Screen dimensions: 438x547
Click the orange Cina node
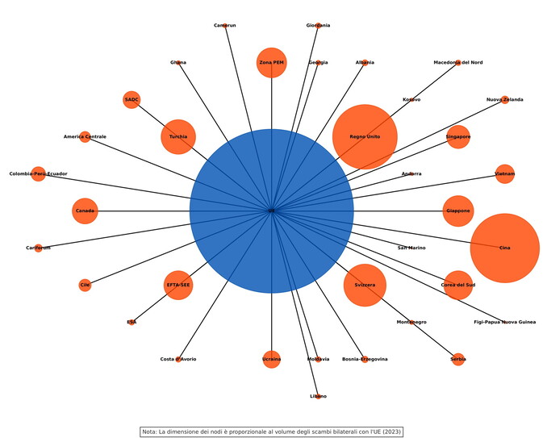tap(505, 248)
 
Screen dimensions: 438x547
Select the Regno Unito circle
tap(365, 136)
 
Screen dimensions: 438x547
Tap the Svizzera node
tap(365, 285)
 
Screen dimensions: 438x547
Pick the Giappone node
tap(458, 211)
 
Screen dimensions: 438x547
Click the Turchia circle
tap(178, 136)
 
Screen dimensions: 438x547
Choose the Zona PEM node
tap(272, 62)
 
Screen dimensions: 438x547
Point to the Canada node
tap(85, 211)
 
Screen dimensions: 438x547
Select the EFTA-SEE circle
tap(178, 285)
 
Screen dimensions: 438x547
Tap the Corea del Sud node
tap(458, 285)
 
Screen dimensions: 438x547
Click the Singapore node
tap(458, 136)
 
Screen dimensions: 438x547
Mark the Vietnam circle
tap(505, 173)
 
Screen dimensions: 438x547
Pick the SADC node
tap(132, 99)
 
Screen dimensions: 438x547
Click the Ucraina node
tap(272, 359)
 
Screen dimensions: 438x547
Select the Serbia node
tap(458, 359)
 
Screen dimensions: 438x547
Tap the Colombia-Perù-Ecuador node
tap(38, 173)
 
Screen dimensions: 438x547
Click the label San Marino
tap(411, 248)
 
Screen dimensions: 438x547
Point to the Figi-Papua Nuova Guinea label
tap(505, 322)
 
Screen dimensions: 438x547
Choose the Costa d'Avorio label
tap(178, 359)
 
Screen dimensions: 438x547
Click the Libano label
tap(318, 396)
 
